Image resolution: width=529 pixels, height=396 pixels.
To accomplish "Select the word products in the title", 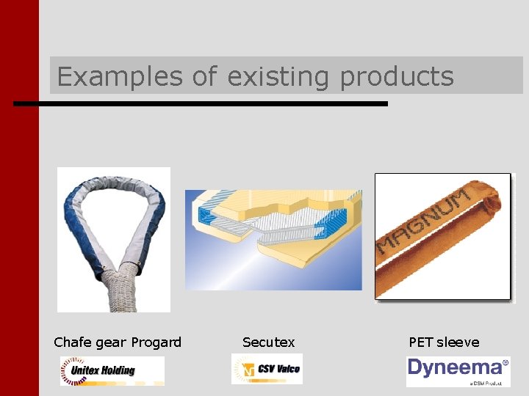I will click(396, 76).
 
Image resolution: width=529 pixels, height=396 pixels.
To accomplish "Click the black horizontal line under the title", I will click(200, 104).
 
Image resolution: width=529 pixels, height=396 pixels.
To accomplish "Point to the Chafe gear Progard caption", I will click(118, 342).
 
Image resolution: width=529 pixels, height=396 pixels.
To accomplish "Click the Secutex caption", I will click(268, 342).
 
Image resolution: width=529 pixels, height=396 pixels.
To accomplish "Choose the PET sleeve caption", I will click(444, 342).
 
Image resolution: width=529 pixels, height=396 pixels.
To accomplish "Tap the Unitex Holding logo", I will click(112, 370).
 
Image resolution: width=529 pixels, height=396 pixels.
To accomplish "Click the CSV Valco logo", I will click(267, 369).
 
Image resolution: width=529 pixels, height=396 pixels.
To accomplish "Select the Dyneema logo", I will click(458, 370).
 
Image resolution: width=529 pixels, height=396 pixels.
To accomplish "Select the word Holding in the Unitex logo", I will click(122, 370).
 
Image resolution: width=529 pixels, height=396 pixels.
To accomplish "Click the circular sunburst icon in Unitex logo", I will click(73, 370).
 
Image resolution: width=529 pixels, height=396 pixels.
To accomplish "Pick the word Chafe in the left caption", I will click(71, 342).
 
